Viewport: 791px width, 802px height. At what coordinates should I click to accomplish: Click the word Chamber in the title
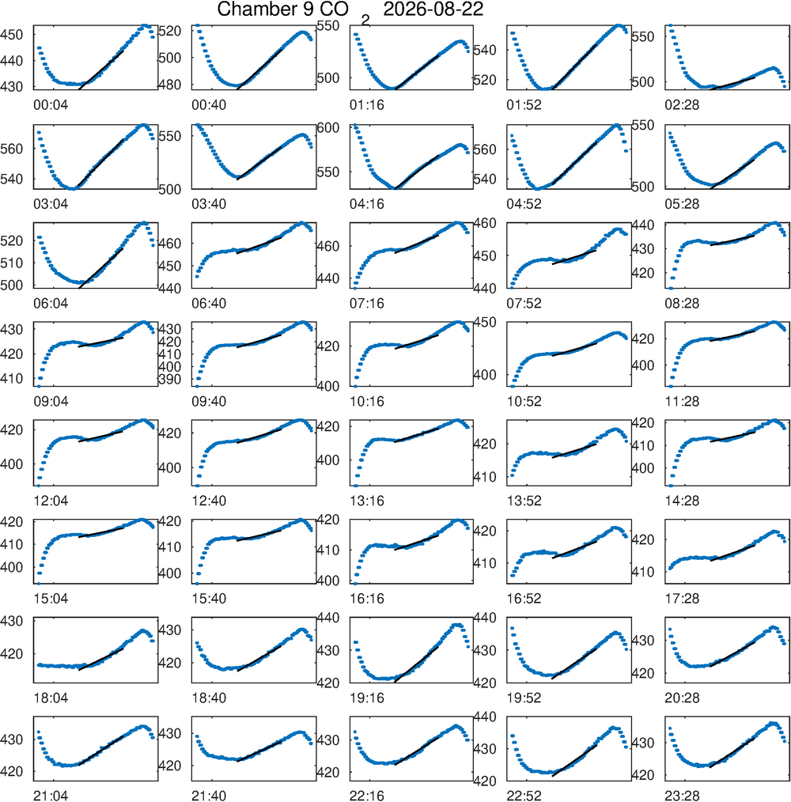click(x=262, y=9)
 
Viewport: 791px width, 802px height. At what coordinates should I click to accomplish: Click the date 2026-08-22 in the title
click(x=433, y=9)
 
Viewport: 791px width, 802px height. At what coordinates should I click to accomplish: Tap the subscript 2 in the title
click(x=365, y=20)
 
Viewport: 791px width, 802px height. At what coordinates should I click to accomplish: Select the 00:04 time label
click(x=51, y=105)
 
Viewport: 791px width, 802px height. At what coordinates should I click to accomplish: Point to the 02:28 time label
click(x=682, y=105)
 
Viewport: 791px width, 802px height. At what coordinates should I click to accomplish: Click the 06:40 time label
click(x=209, y=303)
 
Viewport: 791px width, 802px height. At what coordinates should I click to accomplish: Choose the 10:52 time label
click(x=524, y=402)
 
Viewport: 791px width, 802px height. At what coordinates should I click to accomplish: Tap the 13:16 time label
click(x=367, y=501)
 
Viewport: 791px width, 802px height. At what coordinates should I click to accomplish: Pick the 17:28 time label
click(x=682, y=599)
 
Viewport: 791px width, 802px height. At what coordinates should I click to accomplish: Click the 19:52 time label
click(x=524, y=698)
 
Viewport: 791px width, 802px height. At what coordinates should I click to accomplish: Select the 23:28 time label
click(x=682, y=796)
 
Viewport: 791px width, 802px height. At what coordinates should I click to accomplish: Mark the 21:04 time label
click(x=51, y=796)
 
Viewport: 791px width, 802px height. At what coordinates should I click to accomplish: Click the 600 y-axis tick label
click(x=328, y=128)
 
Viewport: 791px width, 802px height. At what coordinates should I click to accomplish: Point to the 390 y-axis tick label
click(x=170, y=379)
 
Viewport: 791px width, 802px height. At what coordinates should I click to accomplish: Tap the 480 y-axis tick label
click(x=170, y=85)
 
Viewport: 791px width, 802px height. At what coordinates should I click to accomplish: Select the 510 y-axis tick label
click(x=12, y=263)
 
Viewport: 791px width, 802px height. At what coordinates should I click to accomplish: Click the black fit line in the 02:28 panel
click(x=732, y=83)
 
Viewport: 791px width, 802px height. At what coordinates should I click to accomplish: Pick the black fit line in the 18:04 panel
click(x=100, y=660)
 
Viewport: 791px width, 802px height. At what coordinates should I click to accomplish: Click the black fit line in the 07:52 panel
click(x=573, y=257)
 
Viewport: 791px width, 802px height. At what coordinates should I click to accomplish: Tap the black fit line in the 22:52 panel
click(x=574, y=761)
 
